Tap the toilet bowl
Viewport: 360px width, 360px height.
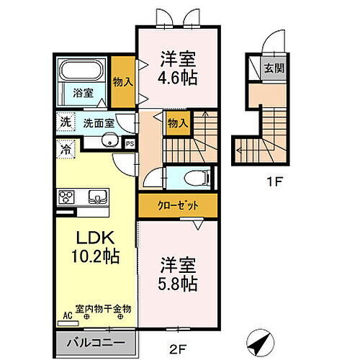197,178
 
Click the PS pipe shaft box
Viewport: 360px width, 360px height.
130,144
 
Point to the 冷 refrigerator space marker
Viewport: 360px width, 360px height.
66,149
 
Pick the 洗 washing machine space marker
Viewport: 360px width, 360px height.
66,122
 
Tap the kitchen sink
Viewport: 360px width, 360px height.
97,197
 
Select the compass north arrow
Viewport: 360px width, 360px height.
261,343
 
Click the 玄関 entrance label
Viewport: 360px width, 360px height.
274,68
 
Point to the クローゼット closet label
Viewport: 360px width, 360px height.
178,205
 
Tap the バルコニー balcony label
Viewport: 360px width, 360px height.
96,343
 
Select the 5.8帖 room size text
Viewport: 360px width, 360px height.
178,284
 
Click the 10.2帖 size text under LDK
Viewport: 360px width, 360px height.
96,256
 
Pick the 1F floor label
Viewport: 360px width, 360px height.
274,181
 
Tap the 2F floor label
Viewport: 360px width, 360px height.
178,349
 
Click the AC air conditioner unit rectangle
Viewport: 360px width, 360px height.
68,323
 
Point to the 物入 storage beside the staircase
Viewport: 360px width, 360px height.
177,123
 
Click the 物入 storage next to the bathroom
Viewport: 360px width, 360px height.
122,82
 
